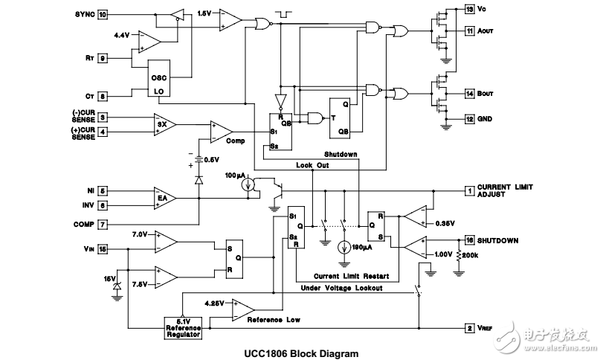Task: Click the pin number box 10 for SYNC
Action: coord(103,14)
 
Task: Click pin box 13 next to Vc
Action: coord(470,10)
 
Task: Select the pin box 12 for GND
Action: coord(470,119)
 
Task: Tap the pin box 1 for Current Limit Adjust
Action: coord(470,191)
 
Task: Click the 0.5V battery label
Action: coord(212,159)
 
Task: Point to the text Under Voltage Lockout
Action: coord(342,288)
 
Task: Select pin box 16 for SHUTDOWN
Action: coord(470,240)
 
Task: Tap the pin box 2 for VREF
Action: coord(470,328)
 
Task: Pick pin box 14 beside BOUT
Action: coord(470,94)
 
